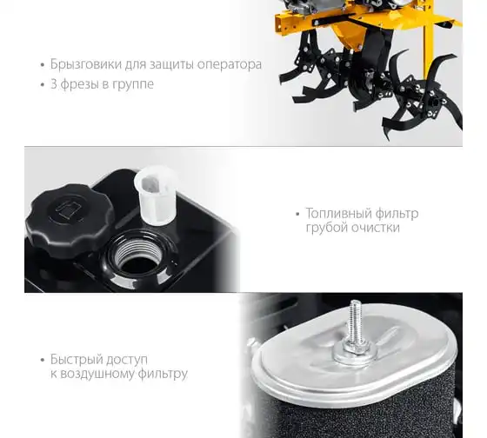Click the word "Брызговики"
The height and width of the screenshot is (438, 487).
click(x=86, y=64)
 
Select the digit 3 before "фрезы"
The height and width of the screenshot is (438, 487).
click(x=53, y=83)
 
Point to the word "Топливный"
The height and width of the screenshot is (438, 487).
click(x=339, y=214)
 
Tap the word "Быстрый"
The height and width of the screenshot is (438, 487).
click(x=77, y=360)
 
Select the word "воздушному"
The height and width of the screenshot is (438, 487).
click(x=97, y=374)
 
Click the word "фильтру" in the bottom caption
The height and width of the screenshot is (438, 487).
click(x=163, y=374)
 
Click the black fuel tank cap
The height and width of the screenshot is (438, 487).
click(x=70, y=220)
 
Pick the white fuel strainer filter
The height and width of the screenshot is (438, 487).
click(x=156, y=195)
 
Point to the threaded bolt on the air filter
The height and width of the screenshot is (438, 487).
click(x=354, y=322)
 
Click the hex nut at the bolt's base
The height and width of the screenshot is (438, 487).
click(x=354, y=348)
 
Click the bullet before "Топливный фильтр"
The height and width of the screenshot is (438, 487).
click(x=297, y=214)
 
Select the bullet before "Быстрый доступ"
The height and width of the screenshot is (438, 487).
click(x=43, y=360)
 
